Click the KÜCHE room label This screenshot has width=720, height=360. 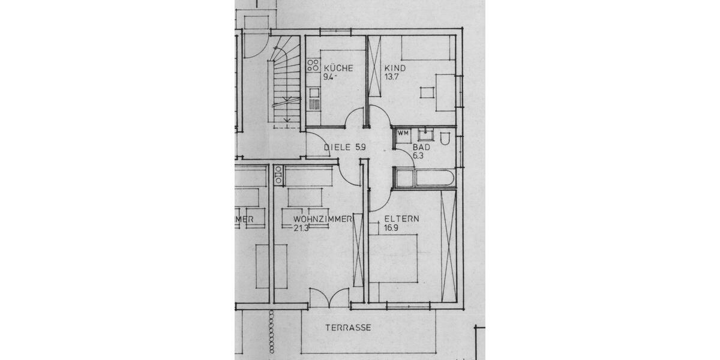(338, 68)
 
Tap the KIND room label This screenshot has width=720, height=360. (395, 68)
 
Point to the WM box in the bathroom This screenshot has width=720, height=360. (403, 133)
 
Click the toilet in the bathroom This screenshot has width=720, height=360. (445, 139)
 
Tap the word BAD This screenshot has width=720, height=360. (421, 147)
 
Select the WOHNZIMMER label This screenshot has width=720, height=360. (323, 219)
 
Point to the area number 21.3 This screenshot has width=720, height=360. (302, 228)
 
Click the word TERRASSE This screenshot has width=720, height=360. (349, 328)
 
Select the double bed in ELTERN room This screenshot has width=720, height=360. (393, 258)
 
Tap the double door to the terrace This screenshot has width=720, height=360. (328, 297)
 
